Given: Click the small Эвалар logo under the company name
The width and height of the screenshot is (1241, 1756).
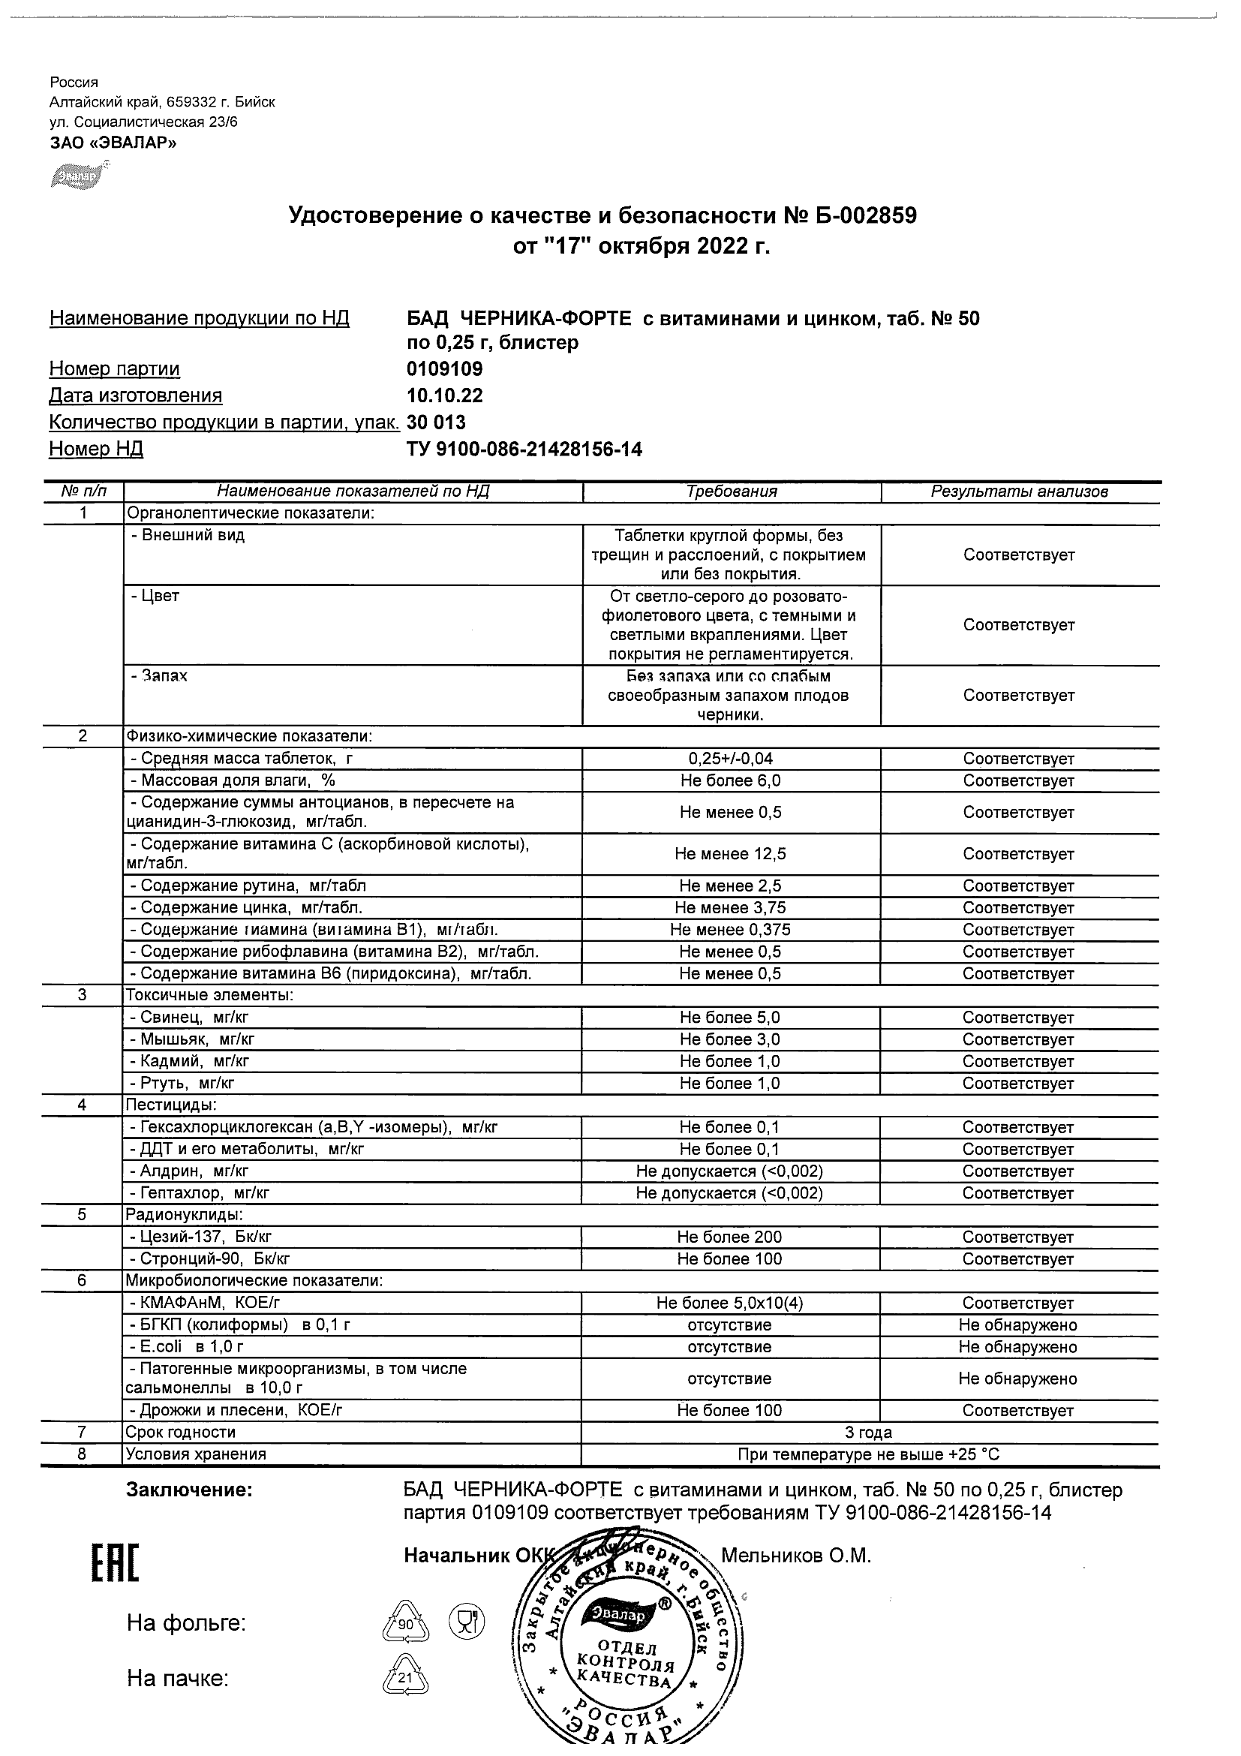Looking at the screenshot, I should [79, 175].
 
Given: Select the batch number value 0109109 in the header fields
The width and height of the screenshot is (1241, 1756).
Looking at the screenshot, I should [444, 369].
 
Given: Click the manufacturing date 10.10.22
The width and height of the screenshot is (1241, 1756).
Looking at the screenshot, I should [444, 396].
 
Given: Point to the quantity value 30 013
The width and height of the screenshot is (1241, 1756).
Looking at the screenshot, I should [436, 422].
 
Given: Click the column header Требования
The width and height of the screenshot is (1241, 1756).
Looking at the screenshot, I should [731, 492].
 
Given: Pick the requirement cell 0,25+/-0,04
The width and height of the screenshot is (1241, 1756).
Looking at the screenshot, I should [730, 759].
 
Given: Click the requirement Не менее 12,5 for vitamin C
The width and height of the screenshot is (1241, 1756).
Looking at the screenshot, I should [730, 853].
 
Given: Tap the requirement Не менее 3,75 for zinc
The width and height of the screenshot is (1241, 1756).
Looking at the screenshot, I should [730, 908].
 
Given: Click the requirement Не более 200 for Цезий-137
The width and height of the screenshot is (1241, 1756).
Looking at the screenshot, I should [729, 1237].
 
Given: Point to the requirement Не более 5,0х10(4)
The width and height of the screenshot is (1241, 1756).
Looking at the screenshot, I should [729, 1303].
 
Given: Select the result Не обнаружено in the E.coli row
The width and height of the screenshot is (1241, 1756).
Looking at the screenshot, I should [1017, 1347].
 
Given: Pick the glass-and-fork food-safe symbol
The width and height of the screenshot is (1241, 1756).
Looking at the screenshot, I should [467, 1622].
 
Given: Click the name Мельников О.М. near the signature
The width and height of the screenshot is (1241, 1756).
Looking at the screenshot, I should [795, 1556].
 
